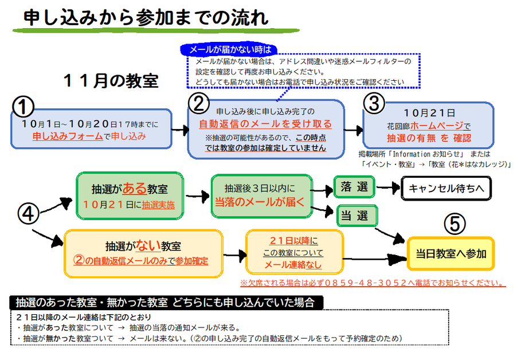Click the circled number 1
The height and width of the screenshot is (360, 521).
coord(23,106)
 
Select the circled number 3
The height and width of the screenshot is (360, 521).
coord(374,104)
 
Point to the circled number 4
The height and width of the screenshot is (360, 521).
coord(28,214)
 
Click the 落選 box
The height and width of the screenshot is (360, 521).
coord(354,187)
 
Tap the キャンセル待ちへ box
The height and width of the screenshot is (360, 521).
coord(445,187)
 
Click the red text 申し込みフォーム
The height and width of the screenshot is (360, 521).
coord(66,136)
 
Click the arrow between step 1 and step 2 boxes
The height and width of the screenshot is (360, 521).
coord(180,130)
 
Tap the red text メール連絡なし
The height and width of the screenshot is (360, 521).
coord(293,265)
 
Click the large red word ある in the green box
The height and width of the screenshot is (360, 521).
coord(134,188)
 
